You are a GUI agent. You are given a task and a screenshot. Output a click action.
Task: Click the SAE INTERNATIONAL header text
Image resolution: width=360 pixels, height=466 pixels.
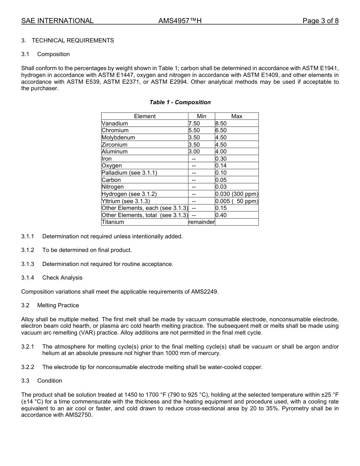point(57,21)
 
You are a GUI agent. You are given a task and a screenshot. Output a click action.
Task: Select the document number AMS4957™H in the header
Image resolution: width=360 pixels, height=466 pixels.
point(180,21)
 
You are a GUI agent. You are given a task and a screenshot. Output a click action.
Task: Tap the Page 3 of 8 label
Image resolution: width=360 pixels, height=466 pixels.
point(320,21)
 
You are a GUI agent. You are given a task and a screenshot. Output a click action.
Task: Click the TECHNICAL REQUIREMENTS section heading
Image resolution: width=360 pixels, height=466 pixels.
point(73,41)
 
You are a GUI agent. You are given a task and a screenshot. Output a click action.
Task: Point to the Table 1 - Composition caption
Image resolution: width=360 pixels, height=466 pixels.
point(180,102)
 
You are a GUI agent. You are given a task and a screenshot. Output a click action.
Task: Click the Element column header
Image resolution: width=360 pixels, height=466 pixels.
point(145,116)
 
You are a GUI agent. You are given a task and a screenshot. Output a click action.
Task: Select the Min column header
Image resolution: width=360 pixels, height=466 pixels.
point(202,116)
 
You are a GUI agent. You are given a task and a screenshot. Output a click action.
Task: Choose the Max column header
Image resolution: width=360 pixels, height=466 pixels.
point(237,116)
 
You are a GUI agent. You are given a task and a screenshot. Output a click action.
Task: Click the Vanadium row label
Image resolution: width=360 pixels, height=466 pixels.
point(115,124)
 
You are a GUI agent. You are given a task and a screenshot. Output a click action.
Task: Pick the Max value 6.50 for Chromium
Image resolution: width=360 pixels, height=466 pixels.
point(221,130)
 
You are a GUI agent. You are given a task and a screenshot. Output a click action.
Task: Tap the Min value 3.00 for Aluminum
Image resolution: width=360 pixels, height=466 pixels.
point(194,152)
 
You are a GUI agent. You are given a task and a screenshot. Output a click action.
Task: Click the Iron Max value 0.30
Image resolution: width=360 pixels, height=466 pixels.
point(221,159)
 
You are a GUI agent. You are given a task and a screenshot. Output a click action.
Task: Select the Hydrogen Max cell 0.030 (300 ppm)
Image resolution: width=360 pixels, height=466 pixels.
point(237,194)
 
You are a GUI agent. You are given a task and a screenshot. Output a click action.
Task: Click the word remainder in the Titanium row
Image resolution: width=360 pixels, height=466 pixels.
point(202,222)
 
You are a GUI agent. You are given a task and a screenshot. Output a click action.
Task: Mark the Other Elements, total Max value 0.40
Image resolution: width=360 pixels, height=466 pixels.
point(221,215)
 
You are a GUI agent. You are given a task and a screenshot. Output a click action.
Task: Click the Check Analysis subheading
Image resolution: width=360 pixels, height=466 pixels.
point(62,278)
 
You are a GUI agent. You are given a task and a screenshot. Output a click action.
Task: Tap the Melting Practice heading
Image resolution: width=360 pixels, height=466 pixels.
point(58,305)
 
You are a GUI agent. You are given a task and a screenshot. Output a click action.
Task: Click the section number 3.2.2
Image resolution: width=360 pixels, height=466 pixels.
point(28,367)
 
